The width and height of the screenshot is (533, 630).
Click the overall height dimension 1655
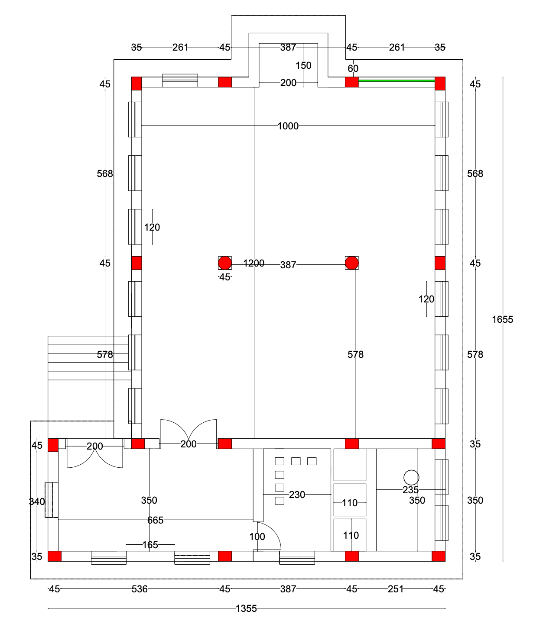tap(502, 319)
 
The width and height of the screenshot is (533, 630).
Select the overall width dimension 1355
tap(246, 608)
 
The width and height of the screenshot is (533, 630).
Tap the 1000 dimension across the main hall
tap(288, 126)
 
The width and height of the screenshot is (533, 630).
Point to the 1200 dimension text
tap(253, 263)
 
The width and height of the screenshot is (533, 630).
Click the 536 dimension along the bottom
tap(140, 589)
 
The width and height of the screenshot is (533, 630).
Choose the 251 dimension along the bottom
tap(396, 589)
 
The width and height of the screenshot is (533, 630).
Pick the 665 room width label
tap(155, 520)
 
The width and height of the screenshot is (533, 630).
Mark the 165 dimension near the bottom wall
tap(150, 545)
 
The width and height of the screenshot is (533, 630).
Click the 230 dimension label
tap(297, 495)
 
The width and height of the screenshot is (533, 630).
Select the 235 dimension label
tap(410, 490)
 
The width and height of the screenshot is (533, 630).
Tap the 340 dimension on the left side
tap(37, 501)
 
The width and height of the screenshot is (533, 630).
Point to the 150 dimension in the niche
tap(303, 65)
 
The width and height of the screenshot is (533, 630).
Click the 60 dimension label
tap(353, 68)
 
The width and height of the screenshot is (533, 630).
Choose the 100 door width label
tap(257, 537)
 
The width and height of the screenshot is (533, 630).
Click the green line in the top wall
tap(396, 80)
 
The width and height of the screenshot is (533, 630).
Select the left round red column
tap(224, 263)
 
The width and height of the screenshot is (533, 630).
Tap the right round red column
tap(352, 263)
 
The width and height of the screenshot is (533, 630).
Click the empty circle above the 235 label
tap(411, 478)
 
